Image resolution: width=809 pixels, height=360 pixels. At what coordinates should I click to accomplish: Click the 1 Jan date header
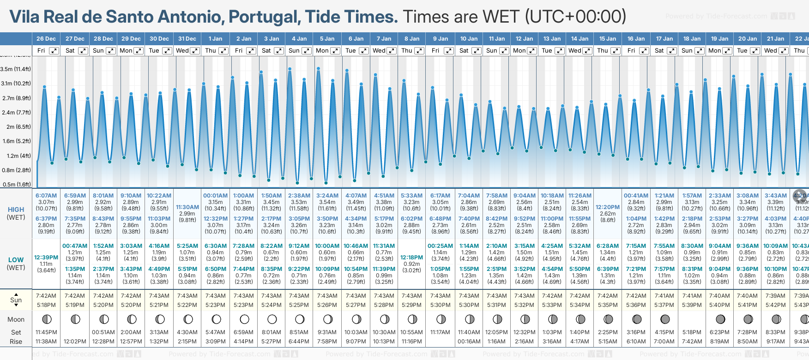[x=215, y=39]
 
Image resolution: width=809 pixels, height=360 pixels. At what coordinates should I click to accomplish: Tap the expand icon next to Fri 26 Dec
[x=54, y=51]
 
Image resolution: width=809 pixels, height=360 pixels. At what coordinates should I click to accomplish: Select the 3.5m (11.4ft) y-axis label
[x=16, y=69]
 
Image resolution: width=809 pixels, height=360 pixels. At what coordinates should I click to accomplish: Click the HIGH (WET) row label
[x=16, y=213]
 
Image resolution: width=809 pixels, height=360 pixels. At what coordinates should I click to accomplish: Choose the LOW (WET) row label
[x=16, y=264]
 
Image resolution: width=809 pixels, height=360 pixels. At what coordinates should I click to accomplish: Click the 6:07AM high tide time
[x=46, y=196]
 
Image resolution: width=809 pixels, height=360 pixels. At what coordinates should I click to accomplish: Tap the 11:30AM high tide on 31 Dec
[x=187, y=207]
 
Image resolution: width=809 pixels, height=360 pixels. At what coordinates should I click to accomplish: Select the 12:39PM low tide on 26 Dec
[x=46, y=257]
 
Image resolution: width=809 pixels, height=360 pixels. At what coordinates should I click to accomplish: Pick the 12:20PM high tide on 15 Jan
[x=608, y=207]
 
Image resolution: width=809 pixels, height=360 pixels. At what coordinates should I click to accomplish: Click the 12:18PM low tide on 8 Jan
[x=411, y=257]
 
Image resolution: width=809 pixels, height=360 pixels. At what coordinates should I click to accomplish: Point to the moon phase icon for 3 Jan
[x=272, y=319]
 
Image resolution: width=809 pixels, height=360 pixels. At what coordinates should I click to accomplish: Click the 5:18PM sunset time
[x=46, y=305]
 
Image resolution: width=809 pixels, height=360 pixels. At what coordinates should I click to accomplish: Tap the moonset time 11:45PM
[x=46, y=332]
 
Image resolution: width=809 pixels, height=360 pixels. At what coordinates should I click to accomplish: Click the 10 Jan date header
[x=469, y=39]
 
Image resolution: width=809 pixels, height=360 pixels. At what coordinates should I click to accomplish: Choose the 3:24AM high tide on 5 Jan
[x=327, y=196]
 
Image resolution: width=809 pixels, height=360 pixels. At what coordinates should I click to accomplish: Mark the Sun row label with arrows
[x=16, y=300]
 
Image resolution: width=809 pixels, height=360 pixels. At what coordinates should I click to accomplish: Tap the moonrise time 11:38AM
[x=46, y=342]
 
